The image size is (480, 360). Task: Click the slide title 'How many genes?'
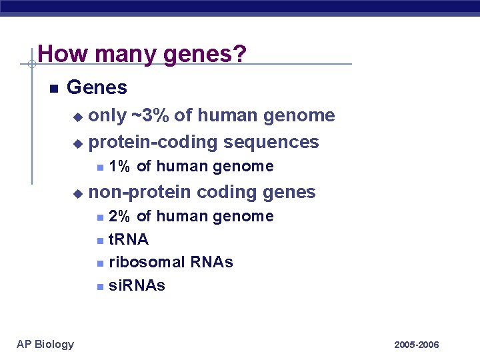pyautogui.click(x=142, y=53)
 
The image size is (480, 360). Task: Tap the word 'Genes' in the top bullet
pyautogui.click(x=97, y=87)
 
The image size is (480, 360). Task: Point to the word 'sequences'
pyautogui.click(x=271, y=142)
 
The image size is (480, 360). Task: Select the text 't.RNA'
pyautogui.click(x=128, y=239)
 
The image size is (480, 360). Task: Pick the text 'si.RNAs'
pyautogui.click(x=136, y=285)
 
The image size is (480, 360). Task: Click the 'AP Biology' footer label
pyautogui.click(x=45, y=344)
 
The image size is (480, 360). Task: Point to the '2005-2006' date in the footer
pyautogui.click(x=417, y=345)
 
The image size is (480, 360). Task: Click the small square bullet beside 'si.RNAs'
pyautogui.click(x=99, y=287)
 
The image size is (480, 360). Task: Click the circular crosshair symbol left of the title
pyautogui.click(x=31, y=64)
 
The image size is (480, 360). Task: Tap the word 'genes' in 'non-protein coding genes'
pyautogui.click(x=289, y=192)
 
